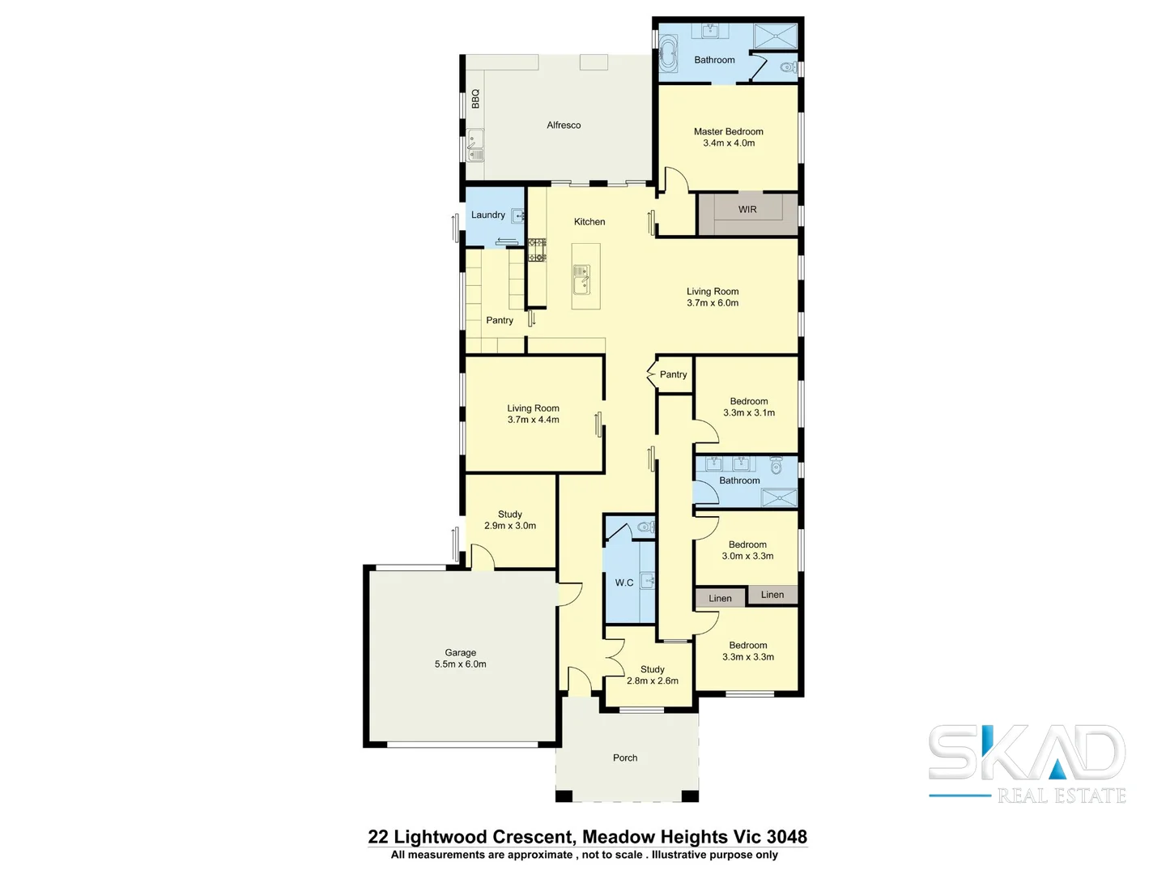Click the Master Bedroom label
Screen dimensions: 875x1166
728,137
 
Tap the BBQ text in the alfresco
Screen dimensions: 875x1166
475,99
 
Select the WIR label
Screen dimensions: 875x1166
747,210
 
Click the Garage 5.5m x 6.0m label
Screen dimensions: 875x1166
460,659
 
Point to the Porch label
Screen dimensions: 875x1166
624,758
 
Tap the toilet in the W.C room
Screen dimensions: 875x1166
645,527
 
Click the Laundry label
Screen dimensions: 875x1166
487,216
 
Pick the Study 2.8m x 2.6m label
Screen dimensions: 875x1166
652,675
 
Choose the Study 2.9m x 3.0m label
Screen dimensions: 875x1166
509,520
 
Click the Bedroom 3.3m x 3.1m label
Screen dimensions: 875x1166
748,407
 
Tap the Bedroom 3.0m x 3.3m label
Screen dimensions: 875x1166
747,551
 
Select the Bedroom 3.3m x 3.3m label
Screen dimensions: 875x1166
747,651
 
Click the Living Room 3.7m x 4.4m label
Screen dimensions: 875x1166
533,414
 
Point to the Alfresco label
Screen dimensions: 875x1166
564,126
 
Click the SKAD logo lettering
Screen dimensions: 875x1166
1026,753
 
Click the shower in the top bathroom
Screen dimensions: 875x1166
776,37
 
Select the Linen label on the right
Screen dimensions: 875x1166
772,595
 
